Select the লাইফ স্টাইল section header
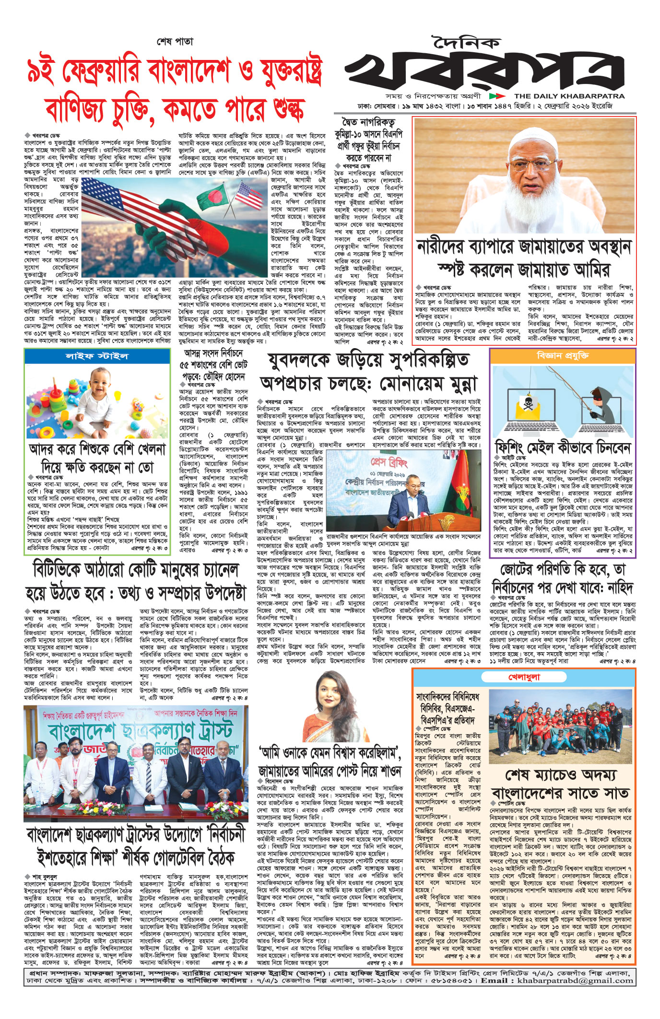[97, 356]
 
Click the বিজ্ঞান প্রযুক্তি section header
[563, 356]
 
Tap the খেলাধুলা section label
[524, 677]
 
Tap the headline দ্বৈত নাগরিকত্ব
[368, 122]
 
